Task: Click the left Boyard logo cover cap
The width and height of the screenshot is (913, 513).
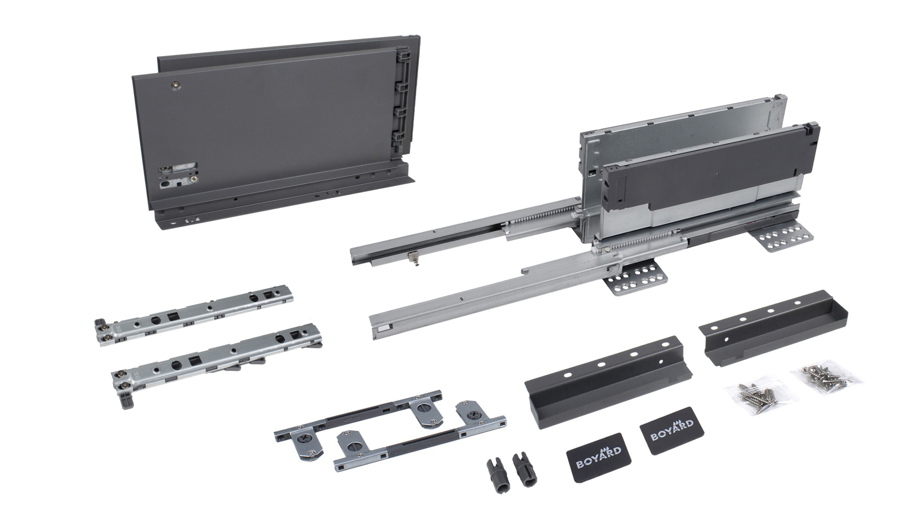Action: click(x=594, y=450)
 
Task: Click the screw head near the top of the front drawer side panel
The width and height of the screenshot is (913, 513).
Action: click(x=177, y=85)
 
